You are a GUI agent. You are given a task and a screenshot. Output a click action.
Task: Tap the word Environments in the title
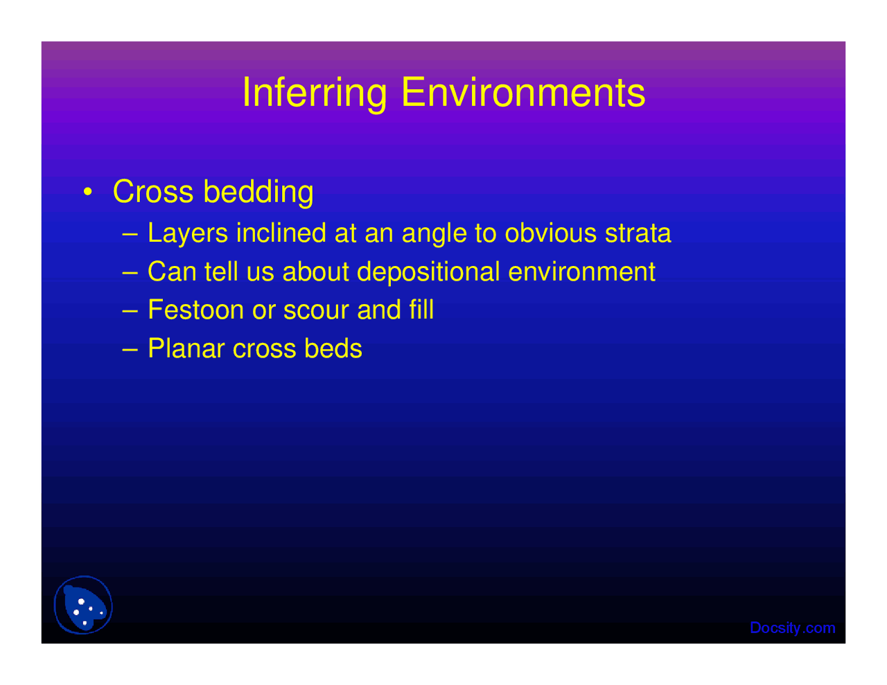(523, 93)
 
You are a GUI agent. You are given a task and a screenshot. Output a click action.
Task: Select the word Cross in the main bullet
(152, 192)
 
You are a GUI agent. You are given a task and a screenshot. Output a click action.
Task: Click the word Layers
(188, 233)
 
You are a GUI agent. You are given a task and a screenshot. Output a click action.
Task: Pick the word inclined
(281, 233)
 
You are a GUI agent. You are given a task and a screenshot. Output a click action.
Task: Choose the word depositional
(428, 272)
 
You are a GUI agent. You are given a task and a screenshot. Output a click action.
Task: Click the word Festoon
(195, 310)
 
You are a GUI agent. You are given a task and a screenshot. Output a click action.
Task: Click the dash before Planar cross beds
(130, 348)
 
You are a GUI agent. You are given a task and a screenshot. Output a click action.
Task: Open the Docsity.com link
(792, 628)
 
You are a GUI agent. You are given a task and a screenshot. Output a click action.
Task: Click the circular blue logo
(83, 605)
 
